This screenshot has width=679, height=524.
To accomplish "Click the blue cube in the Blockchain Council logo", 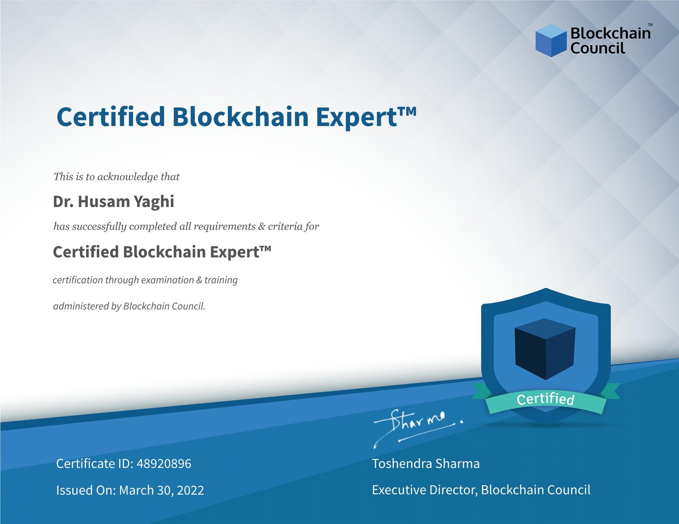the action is click(x=551, y=41).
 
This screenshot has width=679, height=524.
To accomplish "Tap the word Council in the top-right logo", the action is click(x=598, y=48).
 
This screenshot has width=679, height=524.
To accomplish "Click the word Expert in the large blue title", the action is click(x=356, y=117).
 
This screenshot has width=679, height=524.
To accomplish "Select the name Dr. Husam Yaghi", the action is click(x=113, y=201).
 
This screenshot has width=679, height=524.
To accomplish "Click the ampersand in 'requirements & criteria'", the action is click(x=261, y=226).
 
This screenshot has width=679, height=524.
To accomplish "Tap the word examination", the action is click(x=167, y=280).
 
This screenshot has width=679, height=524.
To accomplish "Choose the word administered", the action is click(x=81, y=306).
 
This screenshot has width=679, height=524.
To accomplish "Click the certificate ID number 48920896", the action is click(x=164, y=464).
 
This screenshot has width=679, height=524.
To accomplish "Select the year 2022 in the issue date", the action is click(x=190, y=490).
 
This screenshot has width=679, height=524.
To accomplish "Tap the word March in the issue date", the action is click(x=136, y=490).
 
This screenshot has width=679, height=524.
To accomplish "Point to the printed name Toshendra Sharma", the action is click(x=426, y=464).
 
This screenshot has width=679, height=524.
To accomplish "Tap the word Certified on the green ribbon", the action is click(x=545, y=399).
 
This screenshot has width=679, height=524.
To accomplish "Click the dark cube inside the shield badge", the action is click(x=545, y=349).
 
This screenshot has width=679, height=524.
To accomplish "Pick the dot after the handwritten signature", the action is click(x=462, y=421).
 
